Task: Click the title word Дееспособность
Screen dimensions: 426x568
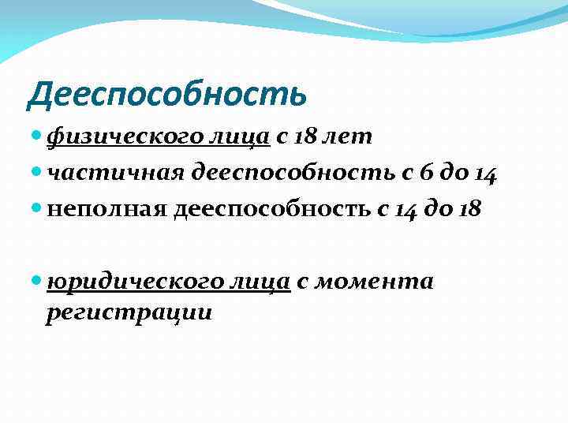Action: (x=166, y=95)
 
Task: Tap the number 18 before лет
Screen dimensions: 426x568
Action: (x=307, y=138)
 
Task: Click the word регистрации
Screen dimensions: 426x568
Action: (x=129, y=312)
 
